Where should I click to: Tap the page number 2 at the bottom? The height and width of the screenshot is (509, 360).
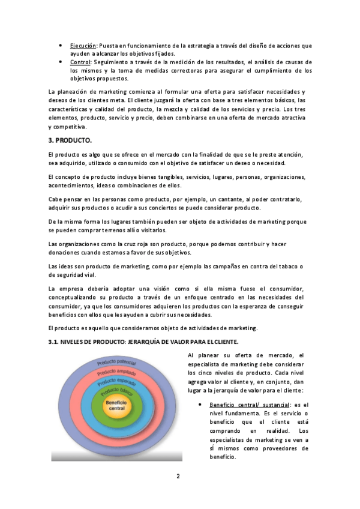178,477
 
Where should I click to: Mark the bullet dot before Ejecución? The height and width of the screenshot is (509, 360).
61,46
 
